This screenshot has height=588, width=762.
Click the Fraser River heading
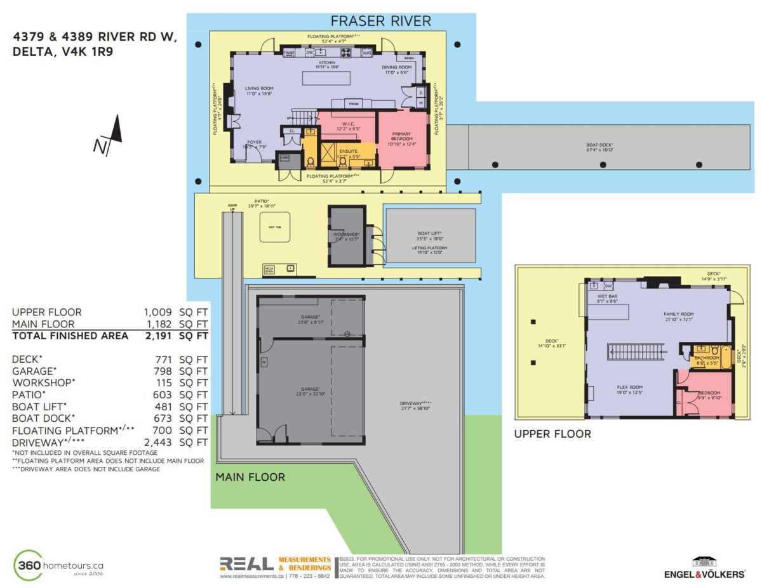tap(381, 21)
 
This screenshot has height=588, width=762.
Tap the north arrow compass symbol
tap(109, 136)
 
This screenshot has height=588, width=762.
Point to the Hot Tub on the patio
tap(276, 226)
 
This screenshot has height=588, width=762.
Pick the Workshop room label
tap(346, 237)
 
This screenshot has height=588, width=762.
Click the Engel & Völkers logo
tap(704, 567)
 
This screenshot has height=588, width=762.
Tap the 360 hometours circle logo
tap(30, 565)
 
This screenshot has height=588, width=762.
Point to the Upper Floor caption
tap(552, 434)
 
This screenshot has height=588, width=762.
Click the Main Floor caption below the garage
tap(250, 477)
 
